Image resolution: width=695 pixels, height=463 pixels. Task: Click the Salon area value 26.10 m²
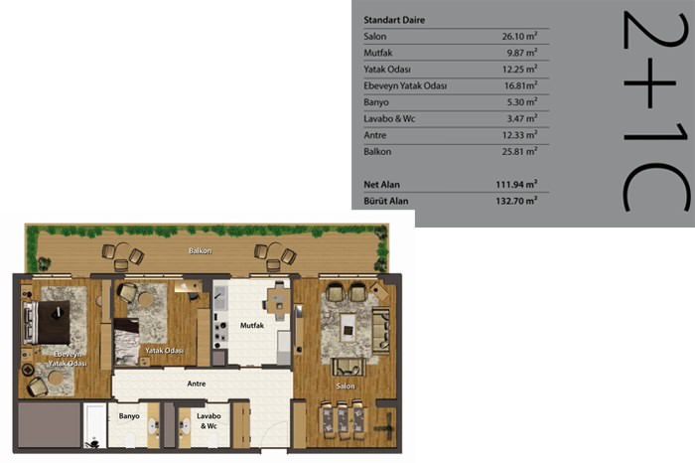tap(519, 36)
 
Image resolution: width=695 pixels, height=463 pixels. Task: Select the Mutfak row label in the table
tap(378, 53)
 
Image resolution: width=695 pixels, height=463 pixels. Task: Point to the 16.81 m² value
tap(521, 85)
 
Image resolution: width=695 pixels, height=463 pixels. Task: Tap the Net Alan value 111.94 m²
tap(516, 184)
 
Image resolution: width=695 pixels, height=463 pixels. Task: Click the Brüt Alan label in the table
tap(385, 201)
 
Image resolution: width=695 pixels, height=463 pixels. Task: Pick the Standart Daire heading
tap(394, 20)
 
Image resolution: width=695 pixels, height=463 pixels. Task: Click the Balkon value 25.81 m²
tap(519, 151)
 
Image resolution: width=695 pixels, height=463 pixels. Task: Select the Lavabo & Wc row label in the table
tap(389, 118)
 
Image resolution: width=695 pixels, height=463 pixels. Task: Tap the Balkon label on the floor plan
tap(200, 250)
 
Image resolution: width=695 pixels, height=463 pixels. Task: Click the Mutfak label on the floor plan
tap(252, 325)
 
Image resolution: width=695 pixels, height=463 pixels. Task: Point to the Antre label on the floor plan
tap(197, 384)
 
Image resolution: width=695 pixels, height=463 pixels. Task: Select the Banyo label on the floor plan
tap(129, 416)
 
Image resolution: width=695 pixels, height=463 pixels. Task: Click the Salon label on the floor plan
tap(346, 386)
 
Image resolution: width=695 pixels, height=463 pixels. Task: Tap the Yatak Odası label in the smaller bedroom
tap(164, 351)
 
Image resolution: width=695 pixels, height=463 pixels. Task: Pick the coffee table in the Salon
tap(348, 328)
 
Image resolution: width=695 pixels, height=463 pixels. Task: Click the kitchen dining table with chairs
tap(278, 302)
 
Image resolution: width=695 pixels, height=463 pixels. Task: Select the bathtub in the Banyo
tap(95, 425)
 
